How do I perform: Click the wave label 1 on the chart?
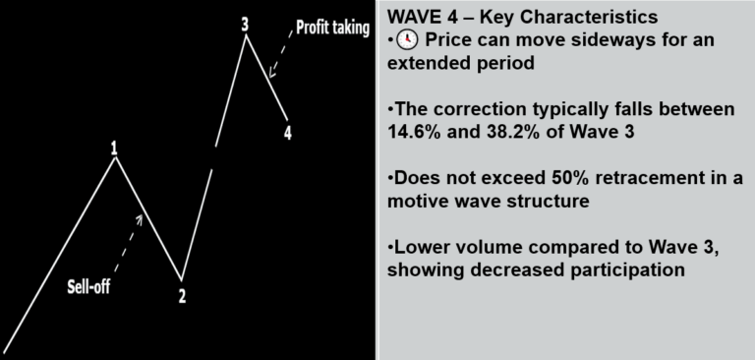[x=114, y=149]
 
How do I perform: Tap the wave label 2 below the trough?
[x=182, y=296]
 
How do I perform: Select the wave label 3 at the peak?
[x=245, y=25]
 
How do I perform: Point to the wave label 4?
[x=287, y=133]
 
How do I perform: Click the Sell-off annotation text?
[x=88, y=287]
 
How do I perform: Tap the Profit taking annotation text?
[x=332, y=28]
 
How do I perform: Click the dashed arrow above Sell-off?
[x=129, y=242]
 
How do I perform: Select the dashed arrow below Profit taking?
[x=281, y=53]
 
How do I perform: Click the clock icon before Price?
[x=407, y=40]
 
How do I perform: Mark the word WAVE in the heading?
[x=411, y=18]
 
